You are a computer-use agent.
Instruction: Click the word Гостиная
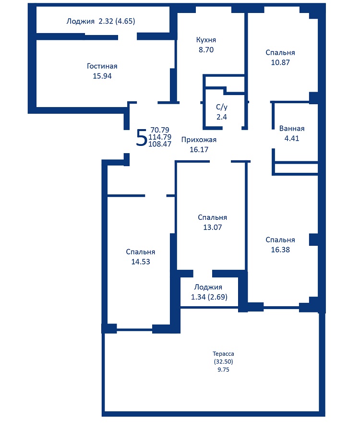(x=102, y=66)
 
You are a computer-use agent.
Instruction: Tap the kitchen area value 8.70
(x=206, y=49)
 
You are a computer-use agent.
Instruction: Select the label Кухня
(x=206, y=40)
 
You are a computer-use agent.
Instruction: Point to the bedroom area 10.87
(x=280, y=62)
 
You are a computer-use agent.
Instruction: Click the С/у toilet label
(x=222, y=107)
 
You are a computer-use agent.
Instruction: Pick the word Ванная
(x=292, y=128)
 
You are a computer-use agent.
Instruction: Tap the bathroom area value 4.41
(x=292, y=138)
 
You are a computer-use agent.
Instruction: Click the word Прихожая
(x=199, y=140)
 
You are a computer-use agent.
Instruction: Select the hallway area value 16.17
(x=199, y=150)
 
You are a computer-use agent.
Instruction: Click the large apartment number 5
(x=141, y=138)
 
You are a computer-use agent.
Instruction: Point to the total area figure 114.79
(x=160, y=137)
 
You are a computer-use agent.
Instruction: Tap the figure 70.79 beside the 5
(x=160, y=130)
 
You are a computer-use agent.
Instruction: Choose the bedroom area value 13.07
(x=212, y=228)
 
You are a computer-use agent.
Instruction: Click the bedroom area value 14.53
(x=141, y=262)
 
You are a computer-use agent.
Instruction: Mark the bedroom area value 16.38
(x=280, y=250)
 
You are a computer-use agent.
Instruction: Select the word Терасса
(x=223, y=354)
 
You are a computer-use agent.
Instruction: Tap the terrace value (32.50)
(x=223, y=361)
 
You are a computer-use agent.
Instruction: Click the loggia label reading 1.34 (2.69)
(x=209, y=297)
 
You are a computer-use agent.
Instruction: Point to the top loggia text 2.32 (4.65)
(x=117, y=21)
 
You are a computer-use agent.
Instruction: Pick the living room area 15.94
(x=102, y=76)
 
